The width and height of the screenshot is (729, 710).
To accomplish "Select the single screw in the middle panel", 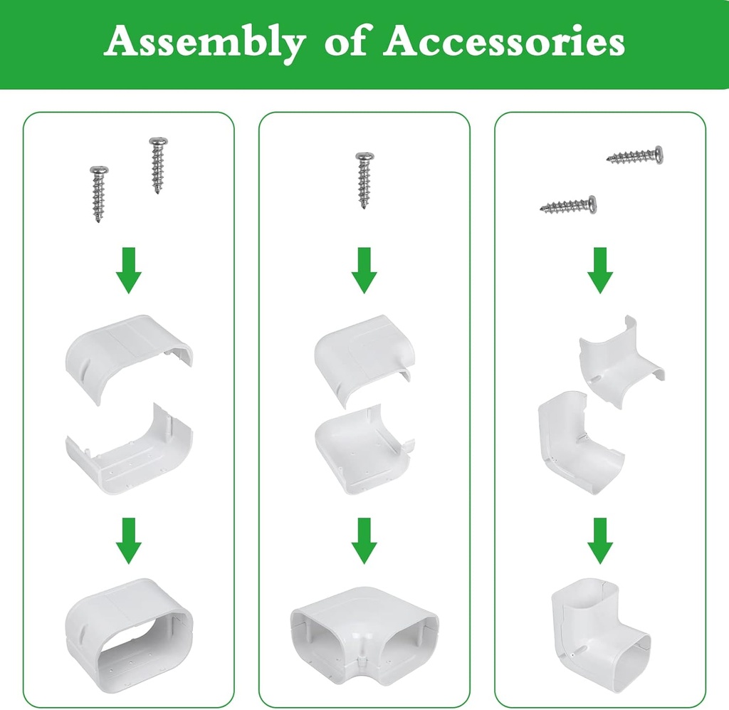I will click(364, 179).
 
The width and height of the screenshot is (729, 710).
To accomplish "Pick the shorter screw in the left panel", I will click(99, 193).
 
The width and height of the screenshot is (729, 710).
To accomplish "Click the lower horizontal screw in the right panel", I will click(568, 207).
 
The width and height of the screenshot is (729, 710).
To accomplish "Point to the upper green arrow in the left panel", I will click(129, 271).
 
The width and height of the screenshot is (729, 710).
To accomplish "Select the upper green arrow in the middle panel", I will click(364, 271).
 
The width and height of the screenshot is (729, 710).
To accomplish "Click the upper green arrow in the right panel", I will click(600, 271).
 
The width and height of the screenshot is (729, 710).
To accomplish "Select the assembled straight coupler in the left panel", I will click(129, 626).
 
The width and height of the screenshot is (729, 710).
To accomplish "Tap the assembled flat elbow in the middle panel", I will click(364, 627).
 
